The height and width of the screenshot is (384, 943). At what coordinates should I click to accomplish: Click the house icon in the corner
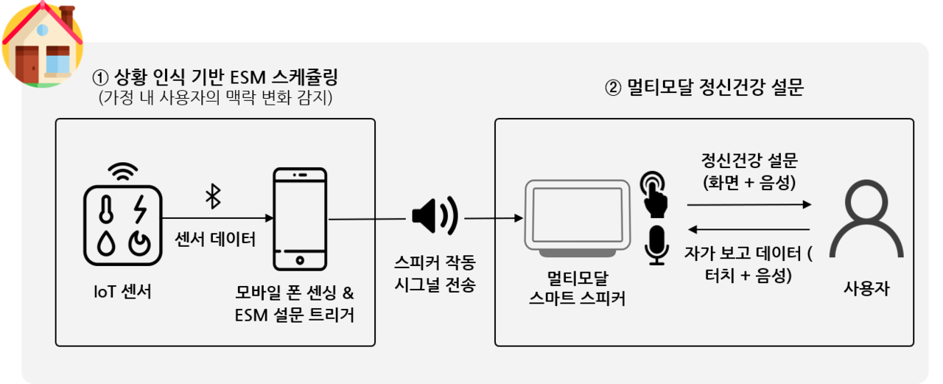click(42, 44)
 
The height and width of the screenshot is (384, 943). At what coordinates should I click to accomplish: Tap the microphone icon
click(654, 245)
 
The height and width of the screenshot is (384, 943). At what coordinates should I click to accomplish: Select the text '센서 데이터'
click(215, 238)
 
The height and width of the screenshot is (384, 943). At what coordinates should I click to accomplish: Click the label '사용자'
click(866, 289)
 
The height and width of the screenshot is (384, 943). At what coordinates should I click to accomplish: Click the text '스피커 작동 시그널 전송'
click(434, 273)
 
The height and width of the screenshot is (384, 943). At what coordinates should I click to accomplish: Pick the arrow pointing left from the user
click(748, 230)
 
